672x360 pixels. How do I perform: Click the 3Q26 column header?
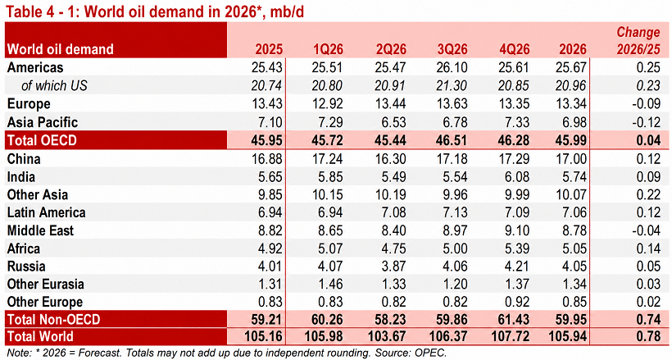pyautogui.click(x=452, y=49)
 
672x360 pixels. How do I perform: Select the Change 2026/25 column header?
pyautogui.click(x=638, y=41)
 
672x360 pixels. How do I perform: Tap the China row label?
pyautogui.click(x=24, y=159)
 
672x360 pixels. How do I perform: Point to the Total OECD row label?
pyautogui.click(x=42, y=140)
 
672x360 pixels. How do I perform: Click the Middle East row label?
pyautogui.click(x=40, y=230)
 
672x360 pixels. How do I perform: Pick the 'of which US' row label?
pyautogui.click(x=54, y=86)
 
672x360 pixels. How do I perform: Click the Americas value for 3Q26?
pyautogui.click(x=451, y=68)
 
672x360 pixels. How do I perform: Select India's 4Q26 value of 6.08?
pyautogui.click(x=517, y=177)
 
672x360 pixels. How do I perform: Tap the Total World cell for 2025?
pyautogui.click(x=264, y=336)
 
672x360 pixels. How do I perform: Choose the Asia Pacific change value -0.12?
pyautogui.click(x=646, y=122)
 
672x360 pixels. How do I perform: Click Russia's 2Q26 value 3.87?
pyautogui.click(x=393, y=266)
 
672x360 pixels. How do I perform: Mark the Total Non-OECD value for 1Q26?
pyautogui.click(x=326, y=320)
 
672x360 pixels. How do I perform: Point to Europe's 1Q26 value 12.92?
pyautogui.click(x=326, y=104)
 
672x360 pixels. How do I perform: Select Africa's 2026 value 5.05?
pyautogui.click(x=574, y=248)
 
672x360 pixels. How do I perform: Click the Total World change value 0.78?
pyautogui.click(x=647, y=336)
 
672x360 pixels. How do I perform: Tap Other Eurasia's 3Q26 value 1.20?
pyautogui.click(x=455, y=284)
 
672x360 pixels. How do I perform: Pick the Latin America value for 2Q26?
pyautogui.click(x=393, y=213)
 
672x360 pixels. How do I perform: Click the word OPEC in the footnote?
pyautogui.click(x=430, y=353)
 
